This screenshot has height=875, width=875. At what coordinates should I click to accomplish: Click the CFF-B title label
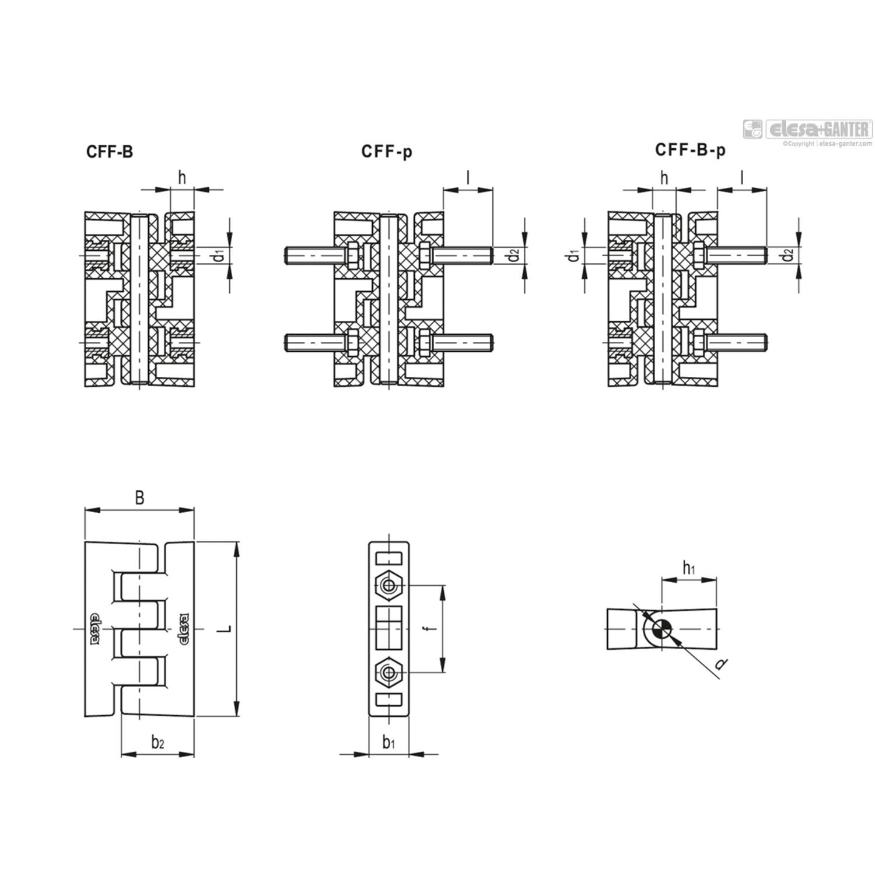pyautogui.click(x=110, y=152)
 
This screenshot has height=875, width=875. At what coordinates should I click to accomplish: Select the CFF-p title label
pyautogui.click(x=387, y=152)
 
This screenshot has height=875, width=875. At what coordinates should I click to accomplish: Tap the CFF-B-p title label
pyautogui.click(x=691, y=150)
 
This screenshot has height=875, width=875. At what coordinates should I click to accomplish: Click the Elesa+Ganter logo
pyautogui.click(x=807, y=129)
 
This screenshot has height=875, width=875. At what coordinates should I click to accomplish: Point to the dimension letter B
pyautogui.click(x=139, y=498)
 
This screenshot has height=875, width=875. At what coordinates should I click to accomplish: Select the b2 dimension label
pyautogui.click(x=157, y=743)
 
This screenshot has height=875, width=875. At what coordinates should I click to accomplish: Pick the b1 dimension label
pyautogui.click(x=388, y=743)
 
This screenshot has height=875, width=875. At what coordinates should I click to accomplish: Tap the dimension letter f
pyautogui.click(x=429, y=629)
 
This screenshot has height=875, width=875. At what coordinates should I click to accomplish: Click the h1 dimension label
pyautogui.click(x=689, y=567)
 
